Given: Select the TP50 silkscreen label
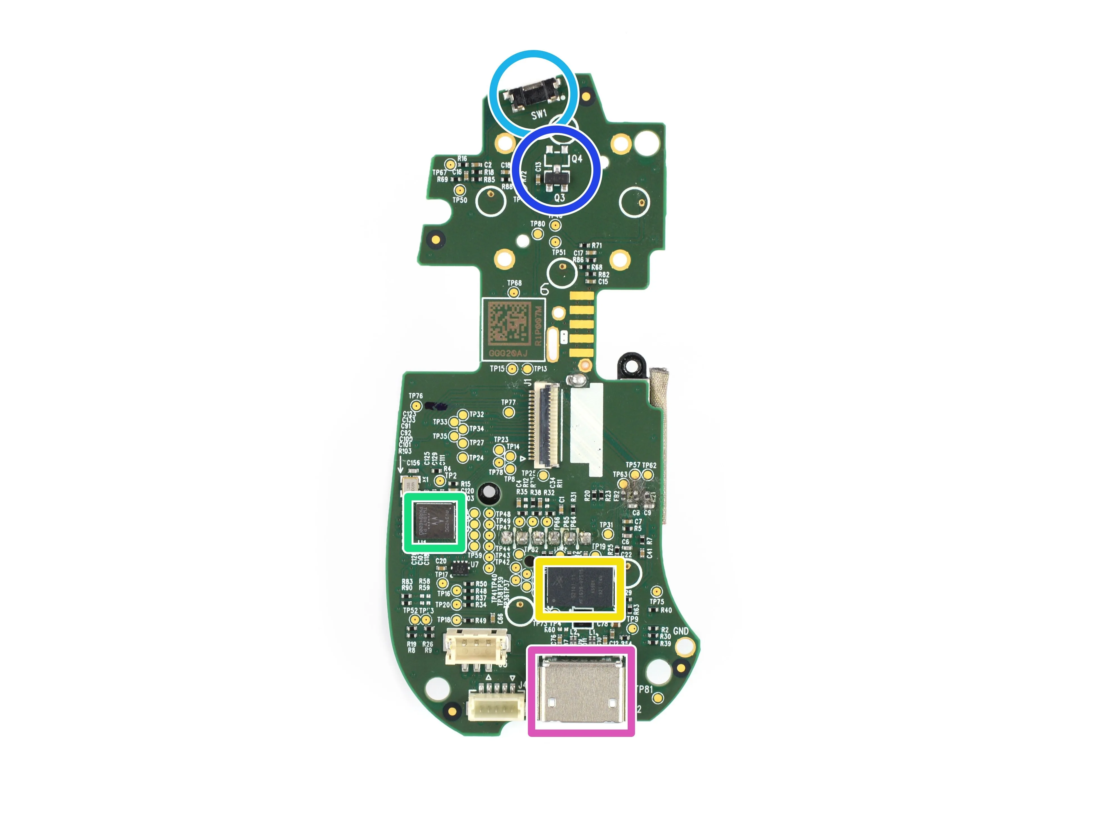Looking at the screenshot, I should tap(460, 200).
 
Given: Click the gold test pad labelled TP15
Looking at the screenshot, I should tap(512, 369).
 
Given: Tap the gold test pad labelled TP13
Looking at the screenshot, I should tap(527, 369).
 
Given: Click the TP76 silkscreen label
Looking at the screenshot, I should tap(415, 396).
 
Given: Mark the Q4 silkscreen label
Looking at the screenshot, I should tap(577, 159).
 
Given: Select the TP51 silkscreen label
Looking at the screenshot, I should tap(559, 252).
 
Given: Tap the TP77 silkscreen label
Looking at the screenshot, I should tap(508, 402).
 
